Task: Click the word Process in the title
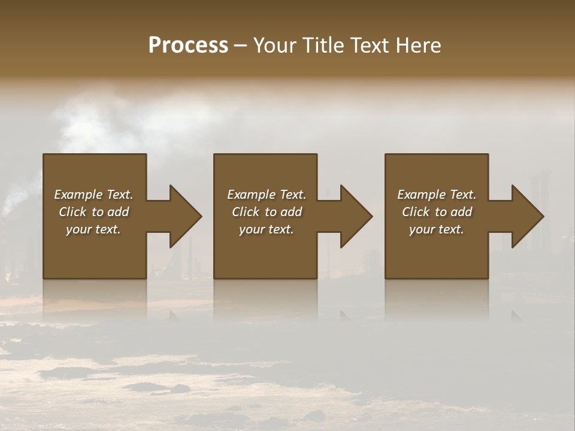coord(188,45)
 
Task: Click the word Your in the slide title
coord(275,45)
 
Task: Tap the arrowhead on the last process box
coord(527,216)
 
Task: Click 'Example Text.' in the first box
coord(93,195)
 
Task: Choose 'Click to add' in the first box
coord(93,212)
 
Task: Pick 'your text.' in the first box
coord(93,229)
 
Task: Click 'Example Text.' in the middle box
coord(267,195)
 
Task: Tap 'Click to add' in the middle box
coord(267,212)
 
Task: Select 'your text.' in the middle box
coord(267,229)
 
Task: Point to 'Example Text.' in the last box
coord(437,195)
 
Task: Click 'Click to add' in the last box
coord(437,212)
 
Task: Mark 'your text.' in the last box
coord(437,229)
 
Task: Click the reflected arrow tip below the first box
coord(174,315)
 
